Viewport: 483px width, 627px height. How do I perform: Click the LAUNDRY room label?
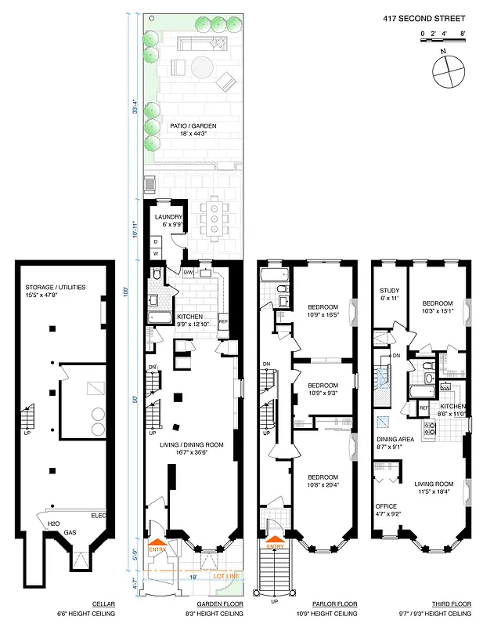(168, 217)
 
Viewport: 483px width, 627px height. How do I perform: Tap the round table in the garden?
(203, 65)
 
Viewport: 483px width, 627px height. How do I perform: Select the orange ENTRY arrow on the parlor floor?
(275, 538)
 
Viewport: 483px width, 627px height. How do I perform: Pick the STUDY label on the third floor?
(388, 290)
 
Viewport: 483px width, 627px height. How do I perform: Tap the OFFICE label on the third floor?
(387, 506)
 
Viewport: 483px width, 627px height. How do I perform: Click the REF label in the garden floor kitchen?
(223, 321)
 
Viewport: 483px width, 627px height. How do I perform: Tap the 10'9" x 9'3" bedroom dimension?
(322, 393)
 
